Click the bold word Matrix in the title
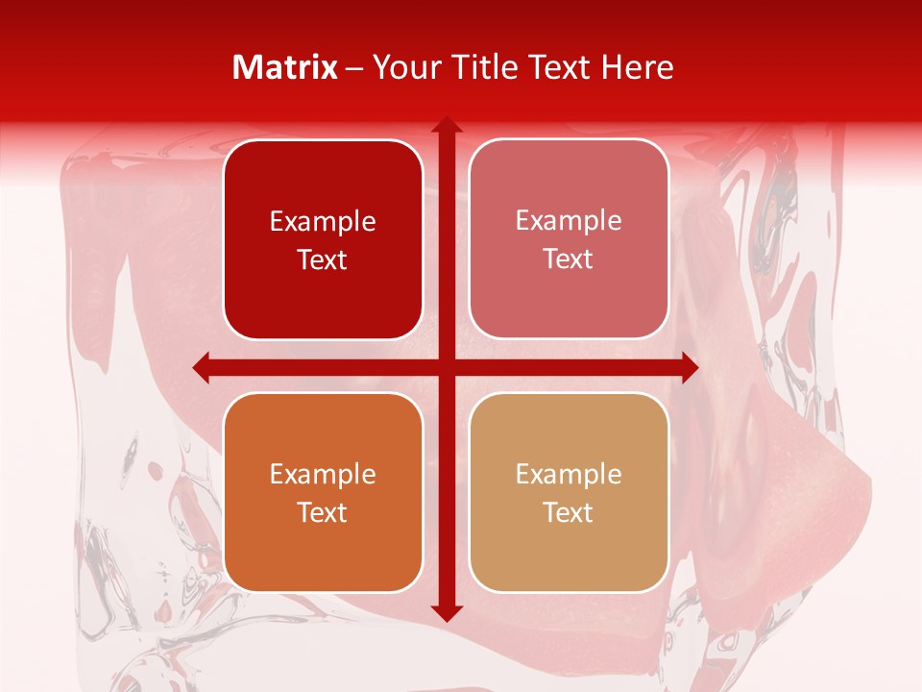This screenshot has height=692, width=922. pos(285,67)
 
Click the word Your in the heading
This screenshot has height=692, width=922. pos(403,67)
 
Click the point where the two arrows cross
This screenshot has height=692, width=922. pos(446,367)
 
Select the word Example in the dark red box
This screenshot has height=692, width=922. pos(323,222)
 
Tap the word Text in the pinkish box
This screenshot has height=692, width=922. pos(569,259)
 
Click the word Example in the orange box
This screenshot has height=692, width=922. pos(323,475)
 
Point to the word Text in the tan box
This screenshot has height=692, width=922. pos(569,512)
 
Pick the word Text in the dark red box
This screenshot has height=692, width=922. pos(323,260)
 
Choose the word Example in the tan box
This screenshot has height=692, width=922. pos(569,475)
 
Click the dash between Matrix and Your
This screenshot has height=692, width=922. pos(354,68)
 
